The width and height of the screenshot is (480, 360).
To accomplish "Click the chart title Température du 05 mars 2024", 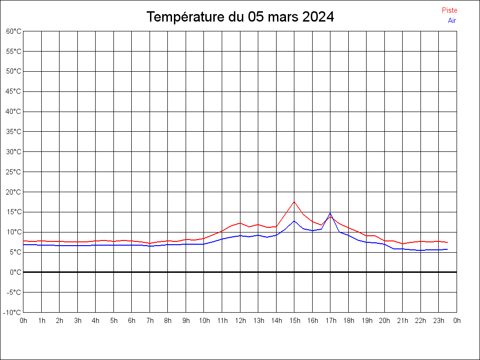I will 240,17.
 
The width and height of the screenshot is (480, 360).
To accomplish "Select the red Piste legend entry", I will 450,10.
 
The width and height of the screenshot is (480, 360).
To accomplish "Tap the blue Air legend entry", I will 452,20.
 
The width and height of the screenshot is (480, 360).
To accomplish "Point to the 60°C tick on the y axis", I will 14,31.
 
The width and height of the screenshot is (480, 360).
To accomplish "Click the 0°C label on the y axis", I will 16,272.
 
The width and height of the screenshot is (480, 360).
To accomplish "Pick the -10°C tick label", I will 13,312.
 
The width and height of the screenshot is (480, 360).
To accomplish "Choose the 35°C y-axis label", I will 14,131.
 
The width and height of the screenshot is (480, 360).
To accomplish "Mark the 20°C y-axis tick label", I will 14,192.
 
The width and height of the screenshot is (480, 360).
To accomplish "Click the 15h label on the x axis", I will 294,321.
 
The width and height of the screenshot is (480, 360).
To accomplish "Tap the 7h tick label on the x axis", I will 150,321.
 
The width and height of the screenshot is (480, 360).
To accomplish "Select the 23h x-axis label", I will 439,321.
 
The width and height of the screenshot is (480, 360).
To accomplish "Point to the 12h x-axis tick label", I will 240,321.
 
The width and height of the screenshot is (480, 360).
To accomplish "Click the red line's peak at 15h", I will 294,202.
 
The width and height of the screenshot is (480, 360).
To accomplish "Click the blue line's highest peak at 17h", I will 330,213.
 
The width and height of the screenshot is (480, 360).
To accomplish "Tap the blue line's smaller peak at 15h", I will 294,221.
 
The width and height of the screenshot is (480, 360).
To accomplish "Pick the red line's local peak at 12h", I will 240,223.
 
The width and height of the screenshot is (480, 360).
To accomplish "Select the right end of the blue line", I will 448,249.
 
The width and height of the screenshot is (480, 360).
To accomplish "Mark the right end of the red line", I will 448,242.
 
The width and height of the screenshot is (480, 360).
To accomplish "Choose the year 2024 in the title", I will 318,17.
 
